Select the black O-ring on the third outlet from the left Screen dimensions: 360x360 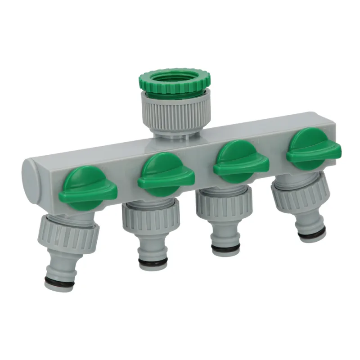pyautogui.click(x=227, y=246)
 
